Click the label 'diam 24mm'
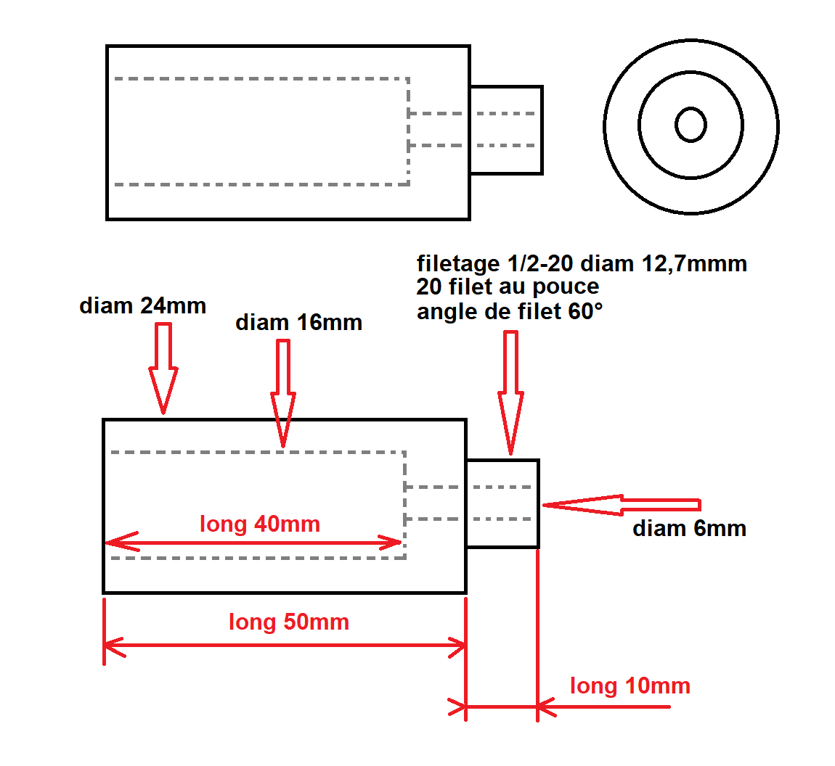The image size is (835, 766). pyautogui.click(x=143, y=306)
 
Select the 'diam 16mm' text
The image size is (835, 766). pyautogui.click(x=298, y=322)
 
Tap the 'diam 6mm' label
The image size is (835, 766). pyautogui.click(x=689, y=528)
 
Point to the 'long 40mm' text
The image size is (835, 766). pyautogui.click(x=260, y=524)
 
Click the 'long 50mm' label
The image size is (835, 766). pyautogui.click(x=289, y=622)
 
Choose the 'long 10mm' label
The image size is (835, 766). pyautogui.click(x=630, y=685)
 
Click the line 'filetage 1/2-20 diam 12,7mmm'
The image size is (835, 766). pyautogui.click(x=582, y=263)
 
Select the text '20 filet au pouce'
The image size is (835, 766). pyautogui.click(x=508, y=287)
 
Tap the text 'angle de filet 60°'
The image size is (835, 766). pyautogui.click(x=510, y=311)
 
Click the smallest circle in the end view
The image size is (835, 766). pyautogui.click(x=691, y=109)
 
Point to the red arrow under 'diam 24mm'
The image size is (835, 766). pyautogui.click(x=163, y=368)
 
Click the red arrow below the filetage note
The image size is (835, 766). pyautogui.click(x=510, y=392)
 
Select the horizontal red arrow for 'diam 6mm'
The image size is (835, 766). pyautogui.click(x=622, y=505)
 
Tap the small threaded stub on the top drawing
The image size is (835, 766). pyautogui.click(x=506, y=130)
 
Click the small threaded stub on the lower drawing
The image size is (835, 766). pyautogui.click(x=502, y=503)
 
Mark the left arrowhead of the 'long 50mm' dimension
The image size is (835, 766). pyautogui.click(x=114, y=646)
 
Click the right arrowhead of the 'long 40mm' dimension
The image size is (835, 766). pyautogui.click(x=391, y=543)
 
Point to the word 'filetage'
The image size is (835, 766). pyautogui.click(x=458, y=263)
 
